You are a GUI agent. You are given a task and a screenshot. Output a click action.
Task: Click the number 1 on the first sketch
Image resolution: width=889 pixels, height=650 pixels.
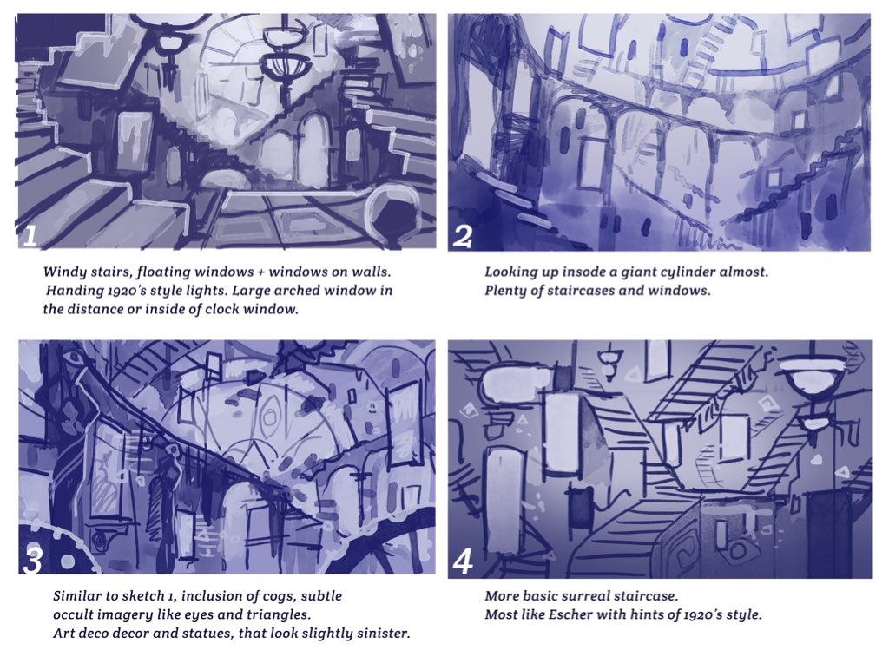point(29,236)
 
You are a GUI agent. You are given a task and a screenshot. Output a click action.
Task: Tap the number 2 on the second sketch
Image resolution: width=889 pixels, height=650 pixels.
point(463,236)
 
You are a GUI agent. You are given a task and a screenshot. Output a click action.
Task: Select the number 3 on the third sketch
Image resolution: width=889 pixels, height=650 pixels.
point(32,561)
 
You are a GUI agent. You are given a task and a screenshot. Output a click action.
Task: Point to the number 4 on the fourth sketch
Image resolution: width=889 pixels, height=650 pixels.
point(463,561)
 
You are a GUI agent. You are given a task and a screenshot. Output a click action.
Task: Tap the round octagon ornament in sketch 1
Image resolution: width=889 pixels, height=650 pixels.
point(394,214)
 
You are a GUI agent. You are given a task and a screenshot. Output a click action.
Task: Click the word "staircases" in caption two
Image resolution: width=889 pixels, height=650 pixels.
point(580,291)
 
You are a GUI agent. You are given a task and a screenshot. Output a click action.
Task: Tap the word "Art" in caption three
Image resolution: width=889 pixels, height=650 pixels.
point(63,633)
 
